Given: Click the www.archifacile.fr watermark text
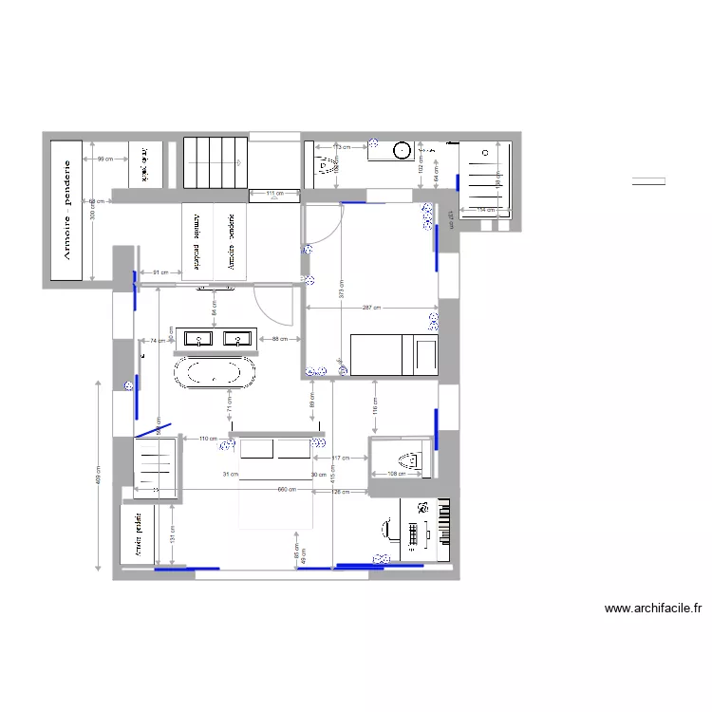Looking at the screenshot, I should pyautogui.click(x=652, y=609).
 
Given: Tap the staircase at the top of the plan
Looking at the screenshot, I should pyautogui.click(x=215, y=162).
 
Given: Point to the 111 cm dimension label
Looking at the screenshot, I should pyautogui.click(x=274, y=195).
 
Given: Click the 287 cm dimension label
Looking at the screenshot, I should pyautogui.click(x=372, y=309).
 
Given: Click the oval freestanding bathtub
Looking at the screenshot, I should pyautogui.click(x=215, y=372).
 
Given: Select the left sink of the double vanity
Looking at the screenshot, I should pyautogui.click(x=200, y=338).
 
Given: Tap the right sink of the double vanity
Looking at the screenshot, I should pyautogui.click(x=236, y=338).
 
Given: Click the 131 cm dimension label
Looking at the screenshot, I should pyautogui.click(x=172, y=538).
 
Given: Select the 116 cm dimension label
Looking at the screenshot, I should pyautogui.click(x=376, y=411).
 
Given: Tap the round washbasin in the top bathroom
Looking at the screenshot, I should pyautogui.click(x=403, y=149).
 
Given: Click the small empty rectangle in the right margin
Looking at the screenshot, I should pyautogui.click(x=648, y=181).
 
